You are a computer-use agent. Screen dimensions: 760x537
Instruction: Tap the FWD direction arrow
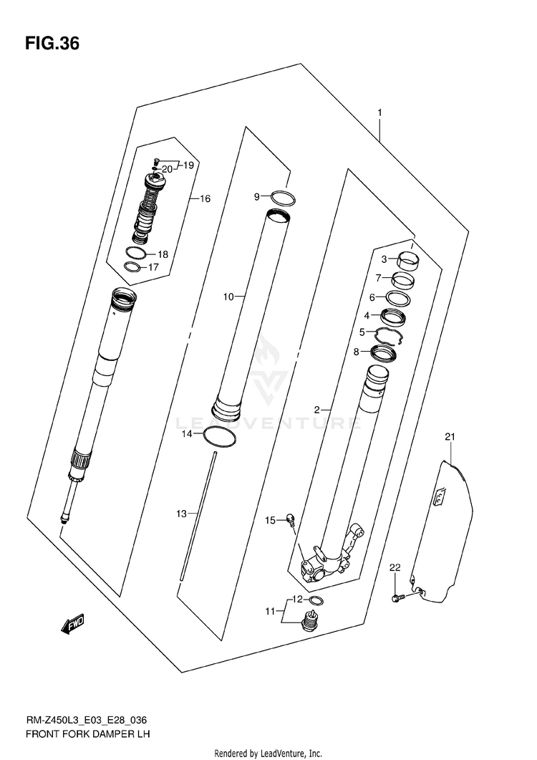tap(74, 625)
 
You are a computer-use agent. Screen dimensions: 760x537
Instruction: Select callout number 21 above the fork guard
tap(450, 436)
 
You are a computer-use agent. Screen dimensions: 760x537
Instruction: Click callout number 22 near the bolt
tap(394, 568)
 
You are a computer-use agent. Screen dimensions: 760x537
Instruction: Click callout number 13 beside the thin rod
tap(181, 514)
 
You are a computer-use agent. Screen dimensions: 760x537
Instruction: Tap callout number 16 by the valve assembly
tap(205, 198)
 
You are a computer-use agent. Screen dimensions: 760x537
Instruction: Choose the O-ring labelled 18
tap(135, 253)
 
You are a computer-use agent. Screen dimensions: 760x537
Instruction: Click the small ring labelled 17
tap(131, 268)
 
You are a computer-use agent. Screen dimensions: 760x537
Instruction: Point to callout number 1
tap(379, 113)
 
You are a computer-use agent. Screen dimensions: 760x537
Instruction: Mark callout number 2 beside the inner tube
tap(316, 410)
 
